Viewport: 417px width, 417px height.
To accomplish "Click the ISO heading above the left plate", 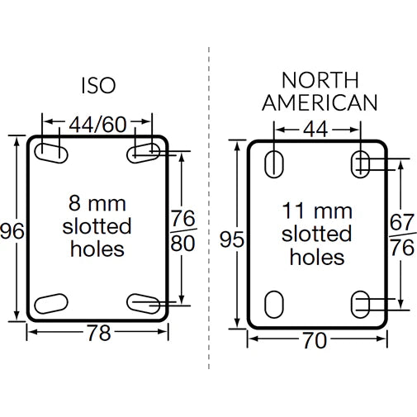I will click(x=98, y=85).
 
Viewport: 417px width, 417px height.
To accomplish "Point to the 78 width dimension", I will click(x=98, y=333).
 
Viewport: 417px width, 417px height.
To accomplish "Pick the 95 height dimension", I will click(x=234, y=239).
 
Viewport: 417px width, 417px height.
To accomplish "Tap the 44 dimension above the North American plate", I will click(x=317, y=130).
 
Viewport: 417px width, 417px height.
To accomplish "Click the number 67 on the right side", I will click(x=402, y=223).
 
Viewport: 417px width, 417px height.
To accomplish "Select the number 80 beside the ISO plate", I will click(x=182, y=244).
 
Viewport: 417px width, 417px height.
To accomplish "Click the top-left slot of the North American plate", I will click(x=272, y=164).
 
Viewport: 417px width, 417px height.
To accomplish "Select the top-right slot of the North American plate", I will click(x=361, y=164).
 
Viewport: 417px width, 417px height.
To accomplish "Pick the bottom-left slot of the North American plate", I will click(x=272, y=303).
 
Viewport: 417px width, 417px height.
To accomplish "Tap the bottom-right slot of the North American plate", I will click(x=361, y=303).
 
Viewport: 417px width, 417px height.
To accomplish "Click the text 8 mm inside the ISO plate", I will click(x=98, y=201).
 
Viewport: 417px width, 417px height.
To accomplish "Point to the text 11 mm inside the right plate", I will click(x=316, y=209).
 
